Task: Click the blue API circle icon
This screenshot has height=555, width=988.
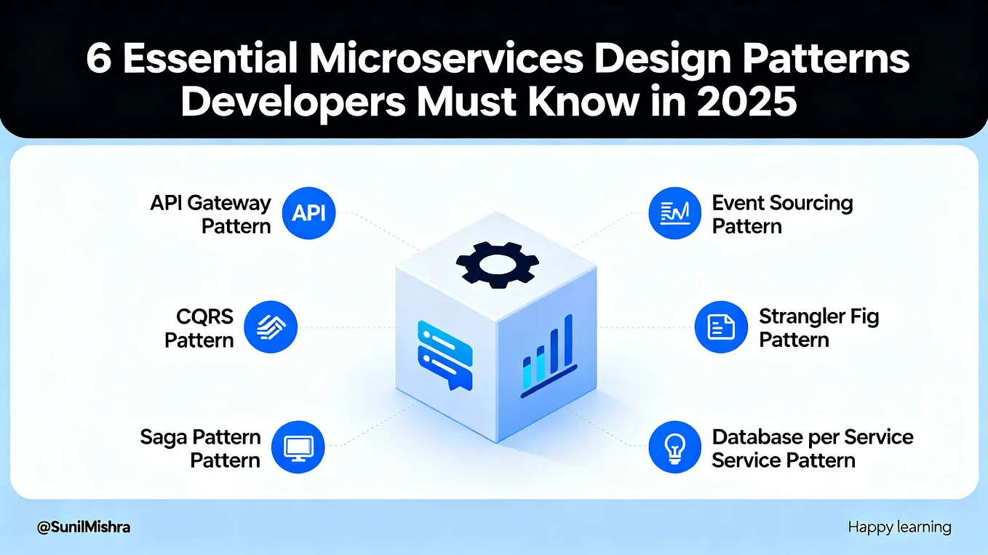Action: (x=308, y=214)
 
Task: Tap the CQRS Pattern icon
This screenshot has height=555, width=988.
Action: (x=270, y=328)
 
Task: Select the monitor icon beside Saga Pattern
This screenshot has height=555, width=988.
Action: (x=298, y=448)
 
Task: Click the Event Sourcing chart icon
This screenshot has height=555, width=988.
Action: (x=675, y=214)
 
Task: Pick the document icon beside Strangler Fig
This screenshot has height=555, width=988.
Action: (x=721, y=327)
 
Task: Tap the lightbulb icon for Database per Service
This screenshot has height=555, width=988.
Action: (x=675, y=448)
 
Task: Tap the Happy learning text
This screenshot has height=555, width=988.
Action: (x=899, y=527)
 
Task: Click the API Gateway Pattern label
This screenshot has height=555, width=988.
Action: (x=210, y=214)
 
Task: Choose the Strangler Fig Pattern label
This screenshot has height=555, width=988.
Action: (x=818, y=328)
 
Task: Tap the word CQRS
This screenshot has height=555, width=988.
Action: (x=205, y=316)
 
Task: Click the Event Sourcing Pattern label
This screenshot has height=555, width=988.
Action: (x=782, y=214)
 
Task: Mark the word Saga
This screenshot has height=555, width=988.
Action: (x=164, y=437)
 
